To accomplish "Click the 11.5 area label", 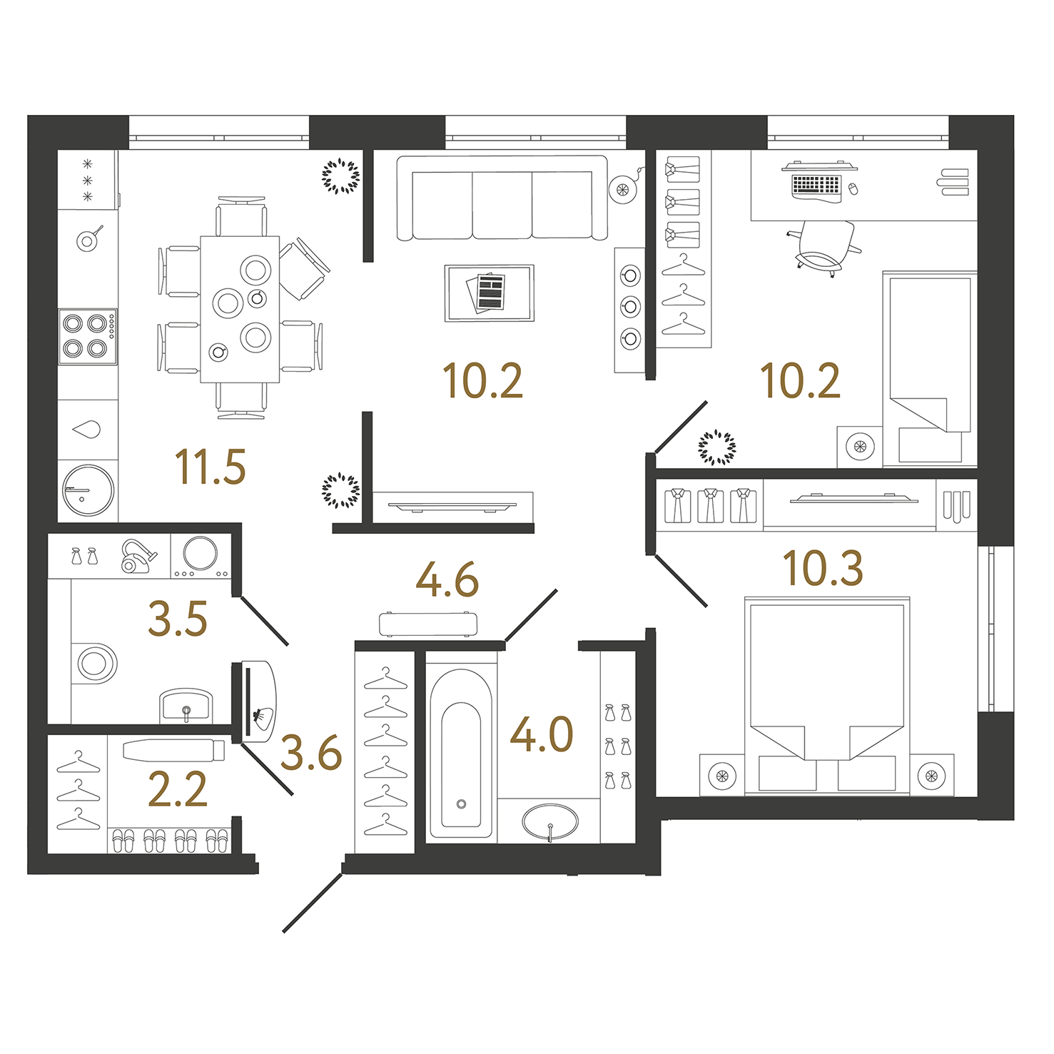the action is (211, 467).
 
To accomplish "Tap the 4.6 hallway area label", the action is (447, 580).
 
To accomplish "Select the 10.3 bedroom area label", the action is (823, 569).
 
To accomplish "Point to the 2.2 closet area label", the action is (178, 789).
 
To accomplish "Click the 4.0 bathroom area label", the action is (542, 735).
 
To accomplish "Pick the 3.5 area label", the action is (178, 619).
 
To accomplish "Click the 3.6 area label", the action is (311, 753).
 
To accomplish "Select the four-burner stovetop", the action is (88, 336).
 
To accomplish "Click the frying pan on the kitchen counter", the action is (88, 238).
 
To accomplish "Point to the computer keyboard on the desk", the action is (816, 185).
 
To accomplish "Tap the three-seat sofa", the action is (502, 198).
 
